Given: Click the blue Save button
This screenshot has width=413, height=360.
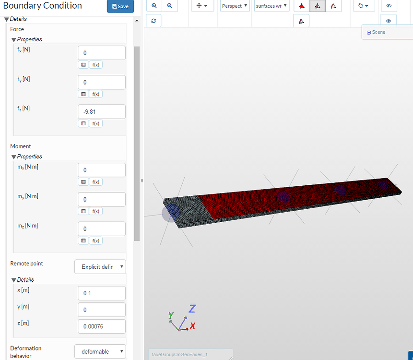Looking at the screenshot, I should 120,6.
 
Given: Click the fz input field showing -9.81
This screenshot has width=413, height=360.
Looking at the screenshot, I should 101,112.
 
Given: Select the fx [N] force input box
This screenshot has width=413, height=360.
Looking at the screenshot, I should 101,53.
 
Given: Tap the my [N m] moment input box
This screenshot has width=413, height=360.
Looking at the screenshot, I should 101,200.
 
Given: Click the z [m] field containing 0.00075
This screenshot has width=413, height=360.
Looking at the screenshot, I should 101,326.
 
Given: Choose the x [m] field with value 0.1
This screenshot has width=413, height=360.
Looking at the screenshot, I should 101,293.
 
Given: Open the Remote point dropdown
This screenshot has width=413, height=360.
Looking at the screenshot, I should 100,267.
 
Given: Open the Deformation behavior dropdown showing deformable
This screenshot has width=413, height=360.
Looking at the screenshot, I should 100,352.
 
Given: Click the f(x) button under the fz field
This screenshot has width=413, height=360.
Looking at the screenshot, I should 95,123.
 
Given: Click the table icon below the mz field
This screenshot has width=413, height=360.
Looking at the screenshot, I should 83,240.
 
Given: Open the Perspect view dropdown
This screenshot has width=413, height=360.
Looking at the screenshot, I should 235,6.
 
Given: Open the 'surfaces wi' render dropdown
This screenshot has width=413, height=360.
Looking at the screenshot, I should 271,6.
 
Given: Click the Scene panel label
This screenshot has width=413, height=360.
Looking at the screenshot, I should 378,32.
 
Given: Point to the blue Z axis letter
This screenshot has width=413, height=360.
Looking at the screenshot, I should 192,309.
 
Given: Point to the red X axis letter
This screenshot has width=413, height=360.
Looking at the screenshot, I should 192,326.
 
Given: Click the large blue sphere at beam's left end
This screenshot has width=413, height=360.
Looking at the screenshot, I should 171,213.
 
